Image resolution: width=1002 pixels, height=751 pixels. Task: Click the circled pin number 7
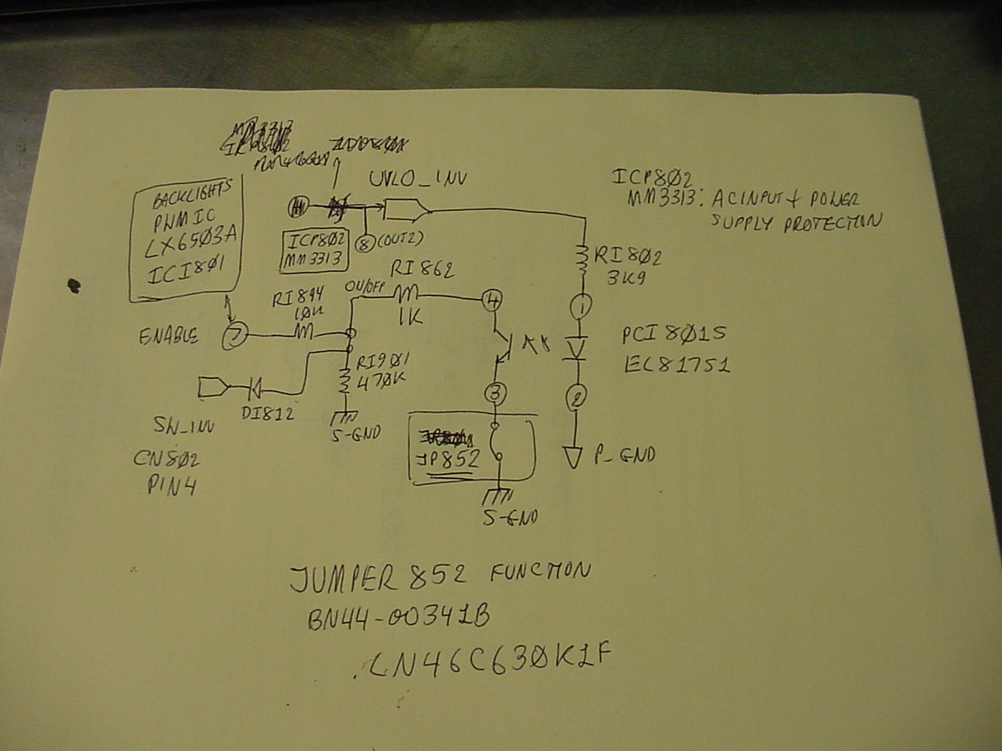(234, 336)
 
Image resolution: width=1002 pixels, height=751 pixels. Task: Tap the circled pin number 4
(492, 299)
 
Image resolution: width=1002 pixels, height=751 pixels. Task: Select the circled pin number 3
(496, 393)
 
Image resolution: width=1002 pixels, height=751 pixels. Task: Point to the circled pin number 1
(581, 307)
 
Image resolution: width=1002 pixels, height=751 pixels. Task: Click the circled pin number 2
(577, 397)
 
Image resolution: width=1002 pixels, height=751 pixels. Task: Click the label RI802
(627, 256)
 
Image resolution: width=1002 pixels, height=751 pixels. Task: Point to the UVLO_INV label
(417, 180)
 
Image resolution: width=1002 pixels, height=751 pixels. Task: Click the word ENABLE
(169, 336)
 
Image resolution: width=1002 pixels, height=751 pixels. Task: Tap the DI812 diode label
(268, 413)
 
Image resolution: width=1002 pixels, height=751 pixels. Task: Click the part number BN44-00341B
(398, 618)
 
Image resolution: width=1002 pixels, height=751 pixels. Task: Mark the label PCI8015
(673, 334)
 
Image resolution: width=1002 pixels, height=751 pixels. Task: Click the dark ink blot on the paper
(74, 286)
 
